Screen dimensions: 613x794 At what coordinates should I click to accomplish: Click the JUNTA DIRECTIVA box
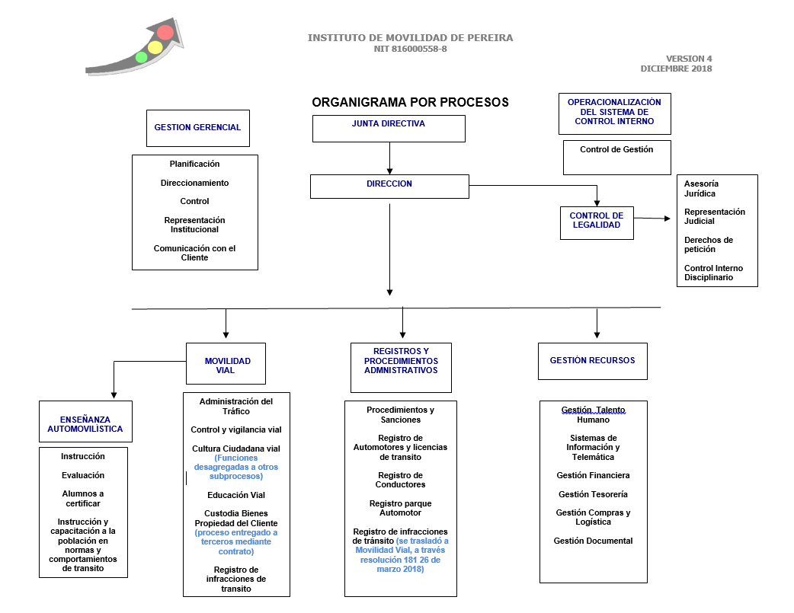click(x=389, y=129)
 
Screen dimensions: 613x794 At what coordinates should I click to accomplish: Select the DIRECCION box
click(x=389, y=187)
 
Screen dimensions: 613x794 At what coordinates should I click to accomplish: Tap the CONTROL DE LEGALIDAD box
click(x=597, y=222)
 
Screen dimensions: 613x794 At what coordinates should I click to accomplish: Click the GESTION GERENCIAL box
click(x=197, y=128)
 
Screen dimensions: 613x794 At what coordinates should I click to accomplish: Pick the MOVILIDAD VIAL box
click(x=226, y=363)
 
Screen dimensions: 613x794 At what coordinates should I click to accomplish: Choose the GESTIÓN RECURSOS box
click(x=592, y=361)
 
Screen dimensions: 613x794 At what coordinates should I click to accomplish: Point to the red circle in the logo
click(x=165, y=32)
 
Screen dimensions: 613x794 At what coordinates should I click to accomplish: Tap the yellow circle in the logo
click(x=155, y=47)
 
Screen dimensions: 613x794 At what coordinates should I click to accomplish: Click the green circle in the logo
click(x=141, y=57)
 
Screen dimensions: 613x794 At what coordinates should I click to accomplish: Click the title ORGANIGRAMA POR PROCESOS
click(x=410, y=102)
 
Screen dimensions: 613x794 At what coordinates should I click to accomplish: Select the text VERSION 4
click(x=689, y=59)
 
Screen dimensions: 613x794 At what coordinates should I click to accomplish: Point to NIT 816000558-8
click(x=410, y=49)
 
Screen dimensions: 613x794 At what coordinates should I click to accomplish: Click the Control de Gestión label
click(x=616, y=149)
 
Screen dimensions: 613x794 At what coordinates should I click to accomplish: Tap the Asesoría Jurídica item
click(x=701, y=188)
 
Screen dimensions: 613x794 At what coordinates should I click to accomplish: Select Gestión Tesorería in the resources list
click(x=593, y=494)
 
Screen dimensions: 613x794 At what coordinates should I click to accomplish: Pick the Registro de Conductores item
click(x=401, y=480)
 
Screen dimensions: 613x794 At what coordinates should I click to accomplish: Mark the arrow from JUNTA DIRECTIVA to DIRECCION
click(x=389, y=158)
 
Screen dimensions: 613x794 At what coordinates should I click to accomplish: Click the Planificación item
click(x=194, y=164)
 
